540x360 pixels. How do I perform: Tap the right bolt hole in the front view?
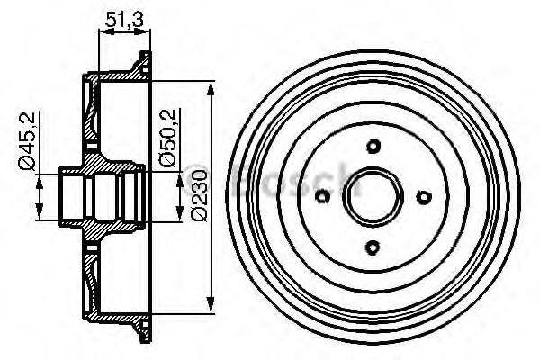point(425,197)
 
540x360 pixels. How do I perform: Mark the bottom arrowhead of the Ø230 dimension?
point(211,303)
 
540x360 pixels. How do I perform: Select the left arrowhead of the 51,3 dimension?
point(99,31)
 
